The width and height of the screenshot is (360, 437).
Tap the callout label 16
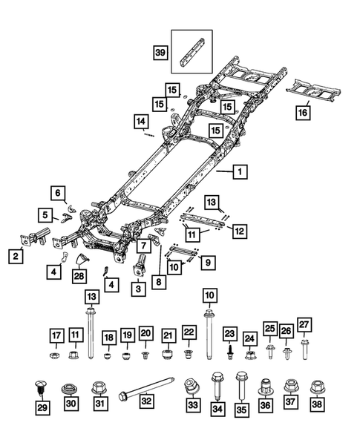coord(301,113)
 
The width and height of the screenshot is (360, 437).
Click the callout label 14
coord(140,121)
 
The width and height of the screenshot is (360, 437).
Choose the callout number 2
coord(14,256)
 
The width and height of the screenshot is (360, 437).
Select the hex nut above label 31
coord(99,387)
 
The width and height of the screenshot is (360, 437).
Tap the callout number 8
coord(161,282)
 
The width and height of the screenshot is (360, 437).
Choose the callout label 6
coord(56,192)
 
